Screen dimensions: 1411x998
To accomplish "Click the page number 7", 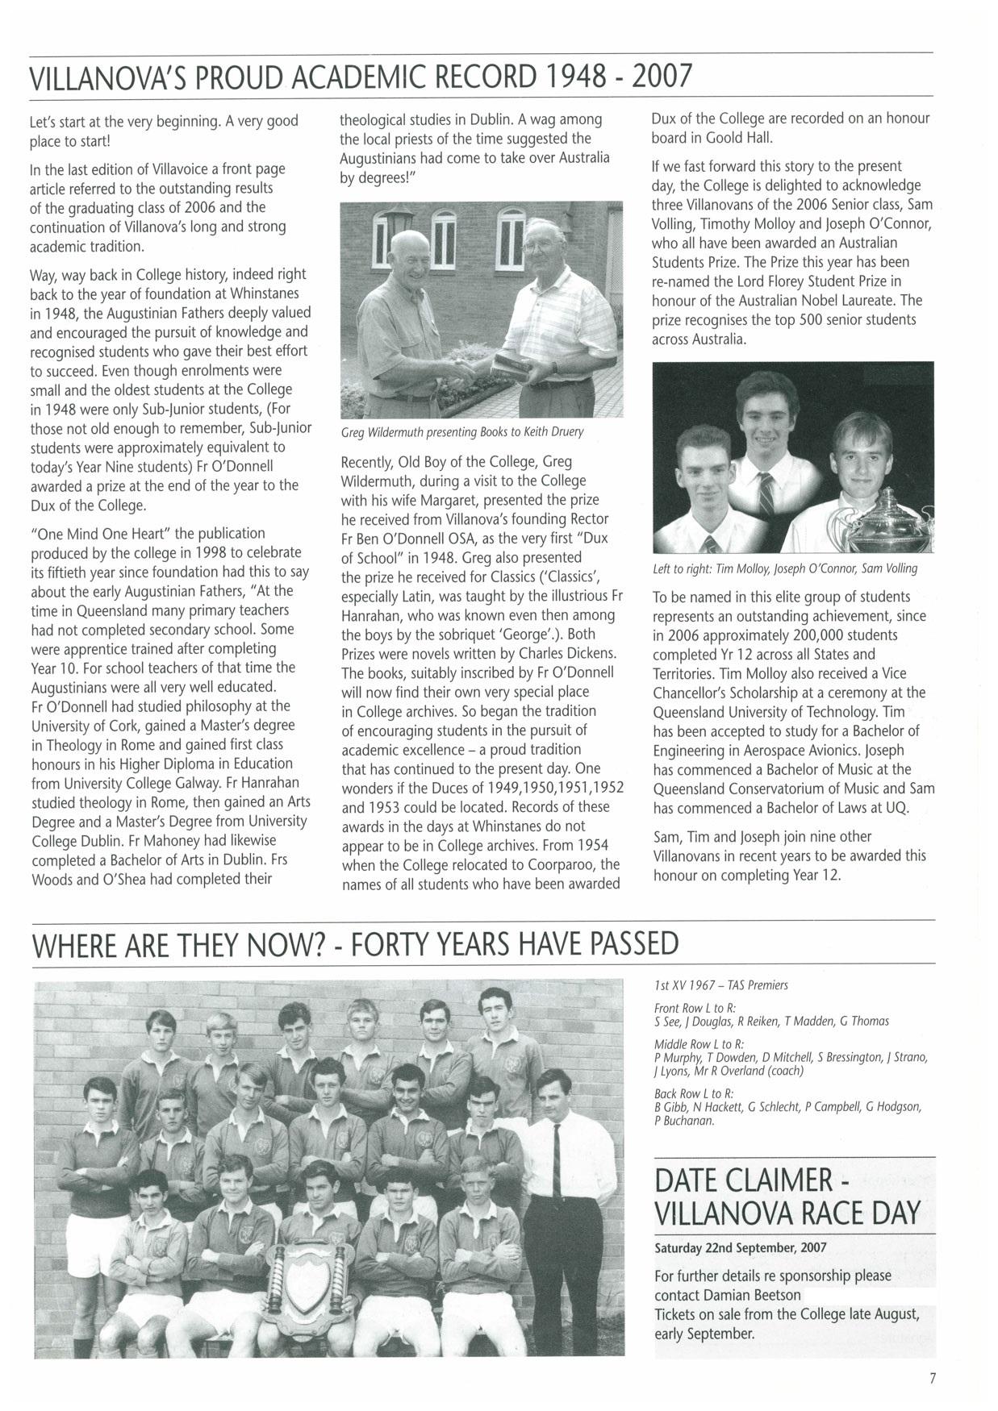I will pyautogui.click(x=931, y=1378).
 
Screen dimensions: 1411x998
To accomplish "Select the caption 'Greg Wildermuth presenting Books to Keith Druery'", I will pyautogui.click(x=462, y=432).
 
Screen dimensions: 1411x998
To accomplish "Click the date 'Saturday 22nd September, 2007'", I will pyautogui.click(x=741, y=1247).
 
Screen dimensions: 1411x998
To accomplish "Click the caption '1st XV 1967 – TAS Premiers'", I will pyautogui.click(x=720, y=984).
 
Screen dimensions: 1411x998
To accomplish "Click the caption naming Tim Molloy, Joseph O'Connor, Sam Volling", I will pyautogui.click(x=785, y=568).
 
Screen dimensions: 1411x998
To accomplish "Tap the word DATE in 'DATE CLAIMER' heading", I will pyautogui.click(x=694, y=1181).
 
